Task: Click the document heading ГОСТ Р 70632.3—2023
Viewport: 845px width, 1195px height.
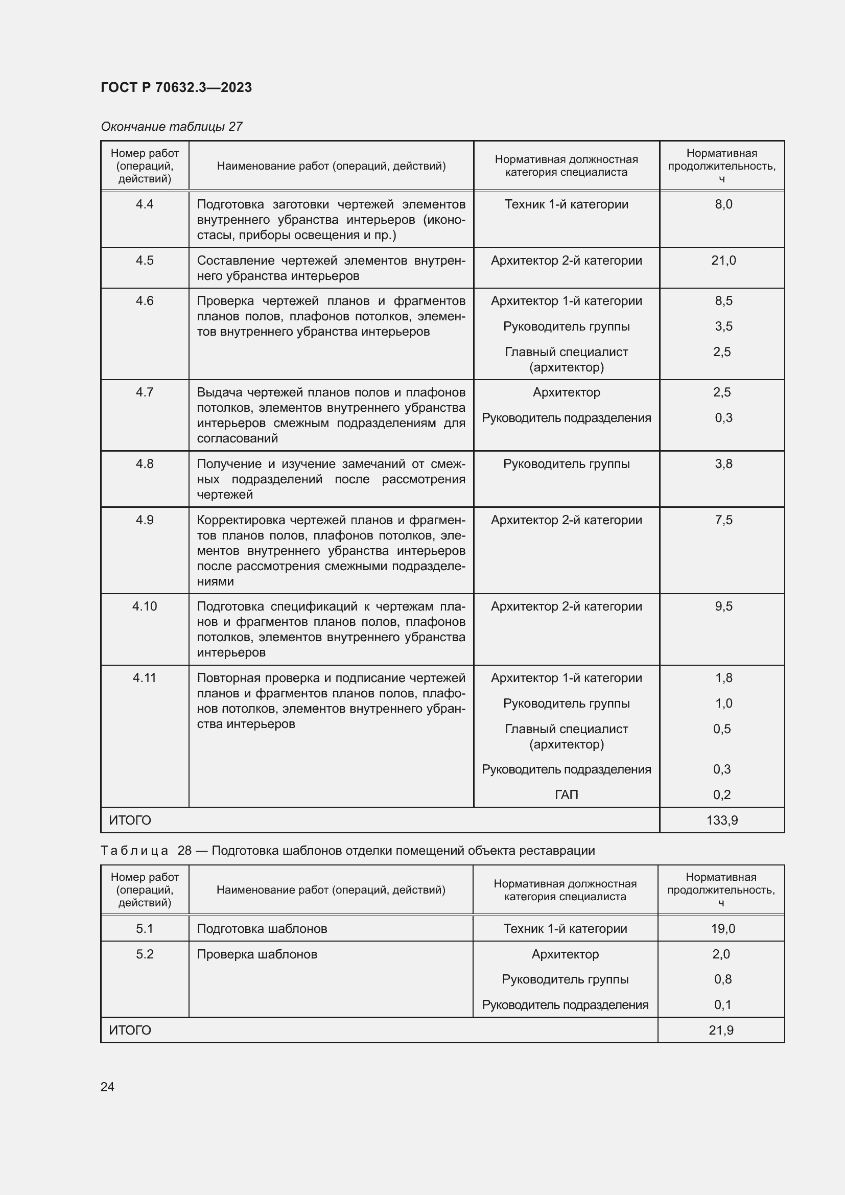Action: click(x=176, y=87)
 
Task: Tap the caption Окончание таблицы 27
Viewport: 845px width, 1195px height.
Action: click(x=171, y=127)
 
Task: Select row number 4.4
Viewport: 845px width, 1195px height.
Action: click(x=144, y=204)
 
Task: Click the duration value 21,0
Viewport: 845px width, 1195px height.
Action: click(x=723, y=260)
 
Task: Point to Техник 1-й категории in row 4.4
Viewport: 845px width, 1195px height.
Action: click(x=566, y=204)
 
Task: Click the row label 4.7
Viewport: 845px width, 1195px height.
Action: click(x=144, y=392)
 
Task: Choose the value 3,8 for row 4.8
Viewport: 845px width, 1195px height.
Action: click(x=723, y=464)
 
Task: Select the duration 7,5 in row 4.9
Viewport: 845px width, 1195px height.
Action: click(x=723, y=520)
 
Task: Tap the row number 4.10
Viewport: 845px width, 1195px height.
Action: click(x=144, y=606)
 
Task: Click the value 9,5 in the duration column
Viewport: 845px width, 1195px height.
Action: click(x=723, y=606)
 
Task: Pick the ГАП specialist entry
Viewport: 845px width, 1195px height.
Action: click(x=566, y=795)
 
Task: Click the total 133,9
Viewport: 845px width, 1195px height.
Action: click(x=722, y=821)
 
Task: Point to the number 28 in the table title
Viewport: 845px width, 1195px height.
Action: click(x=184, y=851)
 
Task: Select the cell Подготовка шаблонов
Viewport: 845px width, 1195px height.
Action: click(x=262, y=928)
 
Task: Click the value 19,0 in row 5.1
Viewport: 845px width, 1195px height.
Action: click(x=723, y=928)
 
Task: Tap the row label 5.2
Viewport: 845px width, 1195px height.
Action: click(x=144, y=954)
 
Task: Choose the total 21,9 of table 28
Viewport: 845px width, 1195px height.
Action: click(x=721, y=1030)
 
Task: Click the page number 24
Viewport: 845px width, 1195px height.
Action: click(x=107, y=1087)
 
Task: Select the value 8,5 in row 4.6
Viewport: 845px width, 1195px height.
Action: click(x=723, y=301)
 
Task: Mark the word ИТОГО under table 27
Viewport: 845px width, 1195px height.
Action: click(x=130, y=821)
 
